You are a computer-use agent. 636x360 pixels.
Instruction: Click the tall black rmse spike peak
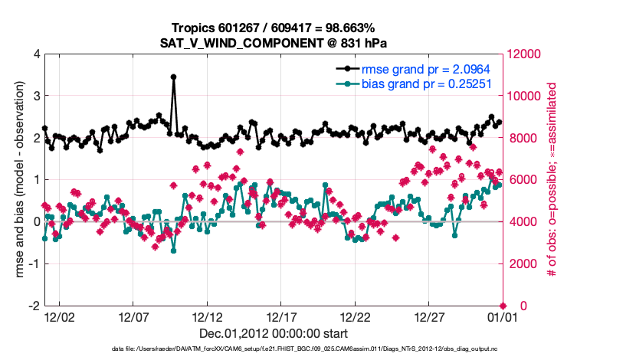point(174,77)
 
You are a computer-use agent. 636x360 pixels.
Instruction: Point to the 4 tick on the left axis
point(36,54)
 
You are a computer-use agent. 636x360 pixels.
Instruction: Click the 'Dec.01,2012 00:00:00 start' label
point(274,333)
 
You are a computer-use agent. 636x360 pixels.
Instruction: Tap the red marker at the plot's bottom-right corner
point(503,306)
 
